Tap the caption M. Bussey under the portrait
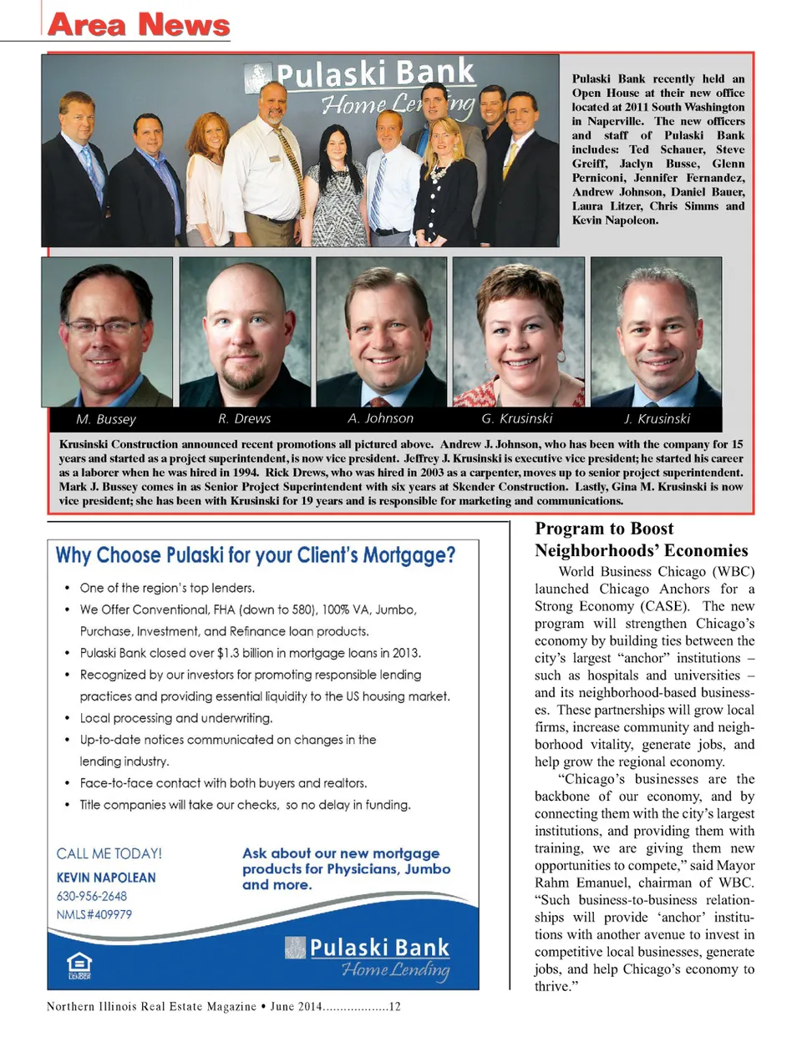[x=106, y=419]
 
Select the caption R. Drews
[x=245, y=418]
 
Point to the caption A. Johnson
[x=380, y=418]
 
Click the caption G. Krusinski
[x=516, y=418]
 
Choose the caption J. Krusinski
[x=657, y=418]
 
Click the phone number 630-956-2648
[x=92, y=896]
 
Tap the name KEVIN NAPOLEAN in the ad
[x=106, y=878]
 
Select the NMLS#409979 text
[x=94, y=914]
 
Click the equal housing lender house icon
[x=79, y=965]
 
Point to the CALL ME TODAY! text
[x=109, y=853]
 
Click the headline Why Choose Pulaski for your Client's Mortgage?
[x=256, y=555]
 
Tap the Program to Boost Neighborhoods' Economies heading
[x=641, y=539]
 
